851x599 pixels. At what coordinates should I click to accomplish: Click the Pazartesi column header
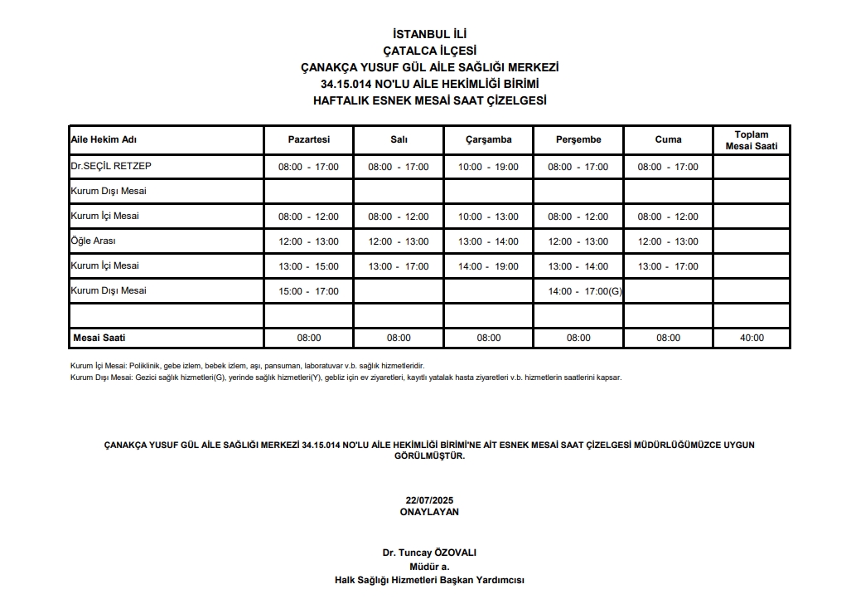[x=308, y=139]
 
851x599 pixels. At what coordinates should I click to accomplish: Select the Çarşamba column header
[x=488, y=139]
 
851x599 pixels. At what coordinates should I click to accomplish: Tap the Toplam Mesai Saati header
[x=751, y=140]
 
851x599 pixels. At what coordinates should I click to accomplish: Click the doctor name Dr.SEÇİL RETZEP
[x=111, y=166]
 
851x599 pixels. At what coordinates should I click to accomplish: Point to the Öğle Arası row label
[x=94, y=241]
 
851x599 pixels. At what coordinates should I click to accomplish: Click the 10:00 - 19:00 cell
[x=488, y=167]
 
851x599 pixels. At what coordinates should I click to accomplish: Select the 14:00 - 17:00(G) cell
[x=585, y=291]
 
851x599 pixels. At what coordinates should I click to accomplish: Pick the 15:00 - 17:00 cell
[x=308, y=291]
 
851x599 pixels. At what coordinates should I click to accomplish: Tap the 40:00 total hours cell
[x=751, y=338]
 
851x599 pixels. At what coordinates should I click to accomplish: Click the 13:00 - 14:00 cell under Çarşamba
[x=488, y=241]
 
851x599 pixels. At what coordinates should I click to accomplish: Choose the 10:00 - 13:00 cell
[x=488, y=217]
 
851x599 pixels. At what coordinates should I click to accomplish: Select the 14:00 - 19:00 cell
[x=488, y=266]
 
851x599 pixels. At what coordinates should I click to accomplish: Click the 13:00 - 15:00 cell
[x=308, y=266]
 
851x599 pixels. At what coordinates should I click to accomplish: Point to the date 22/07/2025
[x=429, y=500]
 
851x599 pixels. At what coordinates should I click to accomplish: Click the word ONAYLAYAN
[x=429, y=512]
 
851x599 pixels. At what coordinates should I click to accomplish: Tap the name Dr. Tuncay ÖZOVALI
[x=429, y=553]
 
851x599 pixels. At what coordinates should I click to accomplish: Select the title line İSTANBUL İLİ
[x=429, y=34]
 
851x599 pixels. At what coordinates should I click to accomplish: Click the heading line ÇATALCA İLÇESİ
[x=429, y=51]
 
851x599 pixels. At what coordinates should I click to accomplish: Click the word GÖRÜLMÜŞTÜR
[x=429, y=455]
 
